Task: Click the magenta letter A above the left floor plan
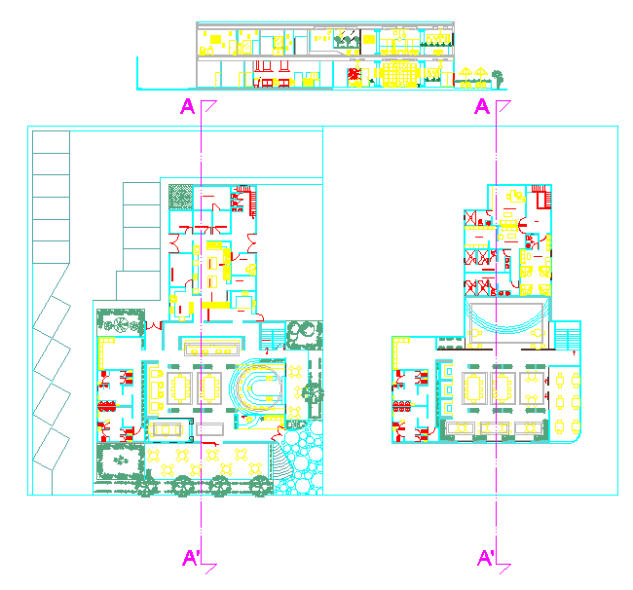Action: tap(187, 106)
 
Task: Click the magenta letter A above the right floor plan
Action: tap(481, 106)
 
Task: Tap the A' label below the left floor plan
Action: tap(191, 558)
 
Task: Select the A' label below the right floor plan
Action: tap(486, 558)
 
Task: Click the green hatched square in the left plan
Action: tap(180, 196)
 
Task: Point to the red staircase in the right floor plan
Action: tap(540, 196)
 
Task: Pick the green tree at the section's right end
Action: tap(498, 75)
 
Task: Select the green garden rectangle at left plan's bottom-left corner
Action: tap(118, 461)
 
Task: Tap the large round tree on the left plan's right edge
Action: tap(313, 393)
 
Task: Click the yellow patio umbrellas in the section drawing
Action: tap(471, 74)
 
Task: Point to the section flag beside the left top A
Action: tap(209, 104)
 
